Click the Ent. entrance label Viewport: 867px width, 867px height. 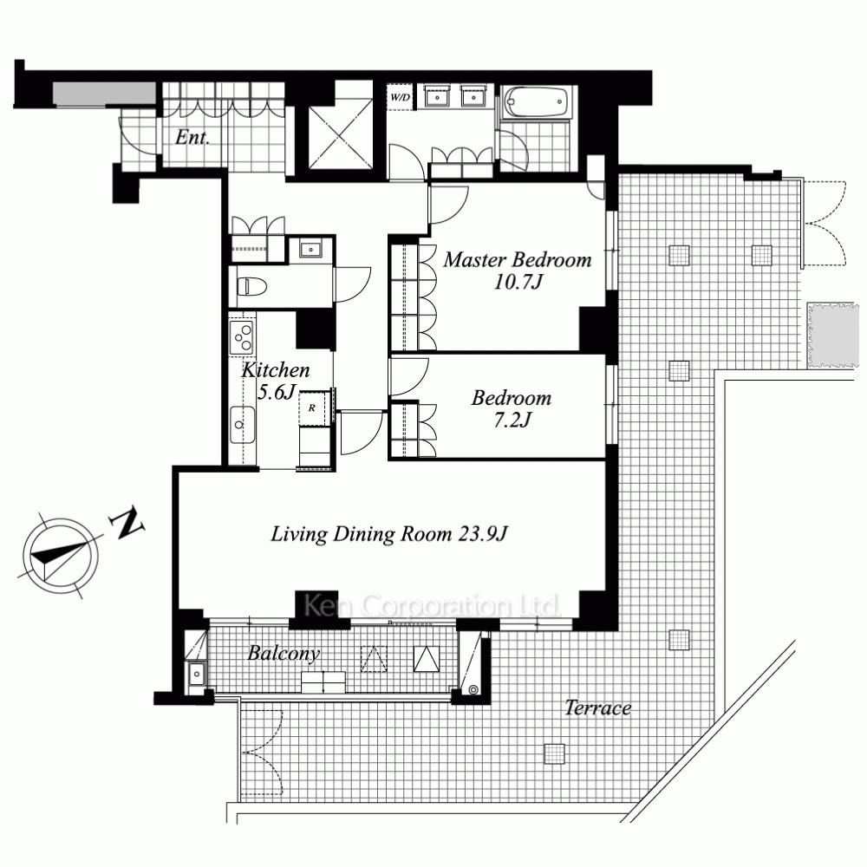click(192, 137)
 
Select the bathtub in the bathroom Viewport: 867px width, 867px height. click(537, 101)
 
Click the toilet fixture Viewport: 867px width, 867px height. click(251, 286)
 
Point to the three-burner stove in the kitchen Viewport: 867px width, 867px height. click(242, 336)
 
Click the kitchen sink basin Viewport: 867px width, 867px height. click(242, 425)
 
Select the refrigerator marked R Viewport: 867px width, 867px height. click(312, 408)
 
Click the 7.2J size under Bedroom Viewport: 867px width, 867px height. click(512, 420)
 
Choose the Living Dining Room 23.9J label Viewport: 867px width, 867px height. click(389, 533)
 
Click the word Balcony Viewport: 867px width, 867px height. click(284, 653)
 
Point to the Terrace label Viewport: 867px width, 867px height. click(597, 707)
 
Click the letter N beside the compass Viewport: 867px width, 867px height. click(128, 524)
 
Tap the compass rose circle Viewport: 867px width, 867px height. click(61, 557)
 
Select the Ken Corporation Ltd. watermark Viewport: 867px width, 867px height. click(432, 606)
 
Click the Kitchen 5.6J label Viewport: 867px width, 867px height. click(276, 381)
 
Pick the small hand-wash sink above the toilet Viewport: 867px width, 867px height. click(311, 250)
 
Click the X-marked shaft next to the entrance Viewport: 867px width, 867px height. click(341, 137)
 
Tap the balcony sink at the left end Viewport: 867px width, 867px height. click(197, 674)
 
